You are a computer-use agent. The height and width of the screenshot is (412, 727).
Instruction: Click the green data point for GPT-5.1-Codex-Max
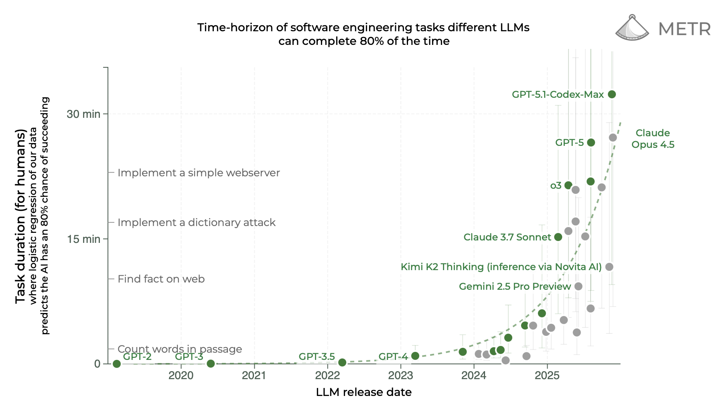[611, 95]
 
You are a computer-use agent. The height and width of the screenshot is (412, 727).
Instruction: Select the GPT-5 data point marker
[591, 143]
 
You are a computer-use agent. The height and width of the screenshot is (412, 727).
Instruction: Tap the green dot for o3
[568, 185]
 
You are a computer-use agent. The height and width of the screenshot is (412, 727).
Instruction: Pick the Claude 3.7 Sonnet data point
[558, 237]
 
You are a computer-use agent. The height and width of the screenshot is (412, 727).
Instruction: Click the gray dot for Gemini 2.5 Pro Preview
[578, 286]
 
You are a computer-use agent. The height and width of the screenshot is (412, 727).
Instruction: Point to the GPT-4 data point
[415, 356]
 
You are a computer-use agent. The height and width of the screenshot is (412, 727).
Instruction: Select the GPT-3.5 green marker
[342, 362]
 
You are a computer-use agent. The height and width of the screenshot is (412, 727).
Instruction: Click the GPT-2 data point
[117, 364]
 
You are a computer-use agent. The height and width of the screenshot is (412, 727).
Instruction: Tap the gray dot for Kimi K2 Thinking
[609, 267]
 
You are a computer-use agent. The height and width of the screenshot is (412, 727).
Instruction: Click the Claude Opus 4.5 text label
[653, 139]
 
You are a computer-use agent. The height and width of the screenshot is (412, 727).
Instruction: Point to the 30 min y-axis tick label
[83, 114]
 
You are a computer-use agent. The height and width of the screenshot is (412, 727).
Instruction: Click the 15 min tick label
[83, 239]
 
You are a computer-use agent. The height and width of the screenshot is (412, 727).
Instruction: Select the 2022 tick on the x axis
[327, 376]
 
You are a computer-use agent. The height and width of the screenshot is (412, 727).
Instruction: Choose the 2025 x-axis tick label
[547, 376]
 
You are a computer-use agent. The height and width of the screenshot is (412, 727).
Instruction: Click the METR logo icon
[632, 28]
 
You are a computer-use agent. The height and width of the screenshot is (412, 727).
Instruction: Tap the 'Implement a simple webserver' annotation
[199, 173]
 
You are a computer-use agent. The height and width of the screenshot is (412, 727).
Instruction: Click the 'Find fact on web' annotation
[161, 279]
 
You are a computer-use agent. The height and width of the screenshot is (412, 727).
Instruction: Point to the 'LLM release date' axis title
[363, 392]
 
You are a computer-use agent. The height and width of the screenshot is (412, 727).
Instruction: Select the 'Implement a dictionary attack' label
[196, 222]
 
